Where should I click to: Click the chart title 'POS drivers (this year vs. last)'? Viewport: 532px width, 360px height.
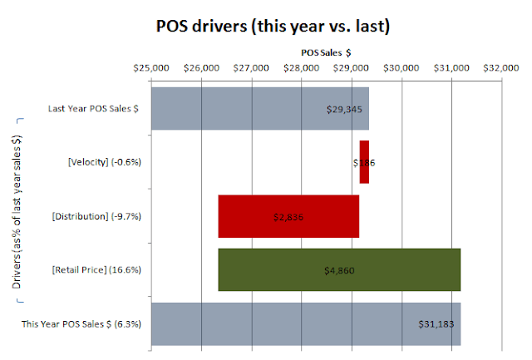click(268, 26)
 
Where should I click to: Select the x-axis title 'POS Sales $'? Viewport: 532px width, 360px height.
click(326, 52)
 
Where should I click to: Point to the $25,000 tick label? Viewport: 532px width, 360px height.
click(151, 69)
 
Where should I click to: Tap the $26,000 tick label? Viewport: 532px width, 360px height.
click(201, 69)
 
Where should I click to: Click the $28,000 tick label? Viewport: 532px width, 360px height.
click(302, 69)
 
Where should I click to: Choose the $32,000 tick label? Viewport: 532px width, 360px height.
click(503, 69)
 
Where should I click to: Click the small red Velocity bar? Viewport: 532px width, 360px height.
click(364, 162)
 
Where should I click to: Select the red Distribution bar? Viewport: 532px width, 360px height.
click(288, 216)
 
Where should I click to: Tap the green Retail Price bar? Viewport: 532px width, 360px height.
click(339, 270)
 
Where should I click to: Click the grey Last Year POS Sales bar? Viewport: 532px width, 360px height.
click(249, 108)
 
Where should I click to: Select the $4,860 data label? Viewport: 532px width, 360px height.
click(339, 270)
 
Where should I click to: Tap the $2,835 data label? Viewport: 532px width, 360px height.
click(288, 217)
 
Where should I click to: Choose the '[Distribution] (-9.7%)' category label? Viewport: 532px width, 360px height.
click(96, 216)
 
